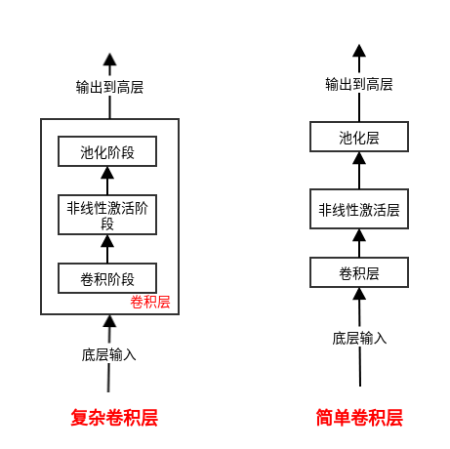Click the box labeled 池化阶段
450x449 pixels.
click(x=107, y=151)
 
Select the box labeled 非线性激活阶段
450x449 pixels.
click(x=107, y=215)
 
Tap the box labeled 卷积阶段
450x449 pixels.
click(x=107, y=278)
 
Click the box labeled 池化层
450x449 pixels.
click(x=359, y=137)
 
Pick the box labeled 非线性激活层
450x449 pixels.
click(x=359, y=209)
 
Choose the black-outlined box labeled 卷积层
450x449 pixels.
click(x=359, y=272)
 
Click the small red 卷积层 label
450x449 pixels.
click(x=150, y=302)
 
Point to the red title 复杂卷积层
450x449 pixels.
click(x=114, y=418)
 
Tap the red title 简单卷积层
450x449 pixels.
click(x=359, y=418)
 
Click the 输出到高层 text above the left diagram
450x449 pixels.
click(x=109, y=87)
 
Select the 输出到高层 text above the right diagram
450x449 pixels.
click(x=359, y=84)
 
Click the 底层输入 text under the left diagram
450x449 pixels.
click(x=108, y=354)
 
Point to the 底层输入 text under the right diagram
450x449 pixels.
click(x=359, y=339)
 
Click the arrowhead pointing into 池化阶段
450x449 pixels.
click(x=107, y=173)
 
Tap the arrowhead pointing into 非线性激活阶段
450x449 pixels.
click(x=107, y=241)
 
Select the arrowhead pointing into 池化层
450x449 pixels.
click(x=359, y=158)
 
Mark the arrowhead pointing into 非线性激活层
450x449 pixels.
click(x=359, y=235)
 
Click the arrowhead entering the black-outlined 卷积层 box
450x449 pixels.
click(x=359, y=294)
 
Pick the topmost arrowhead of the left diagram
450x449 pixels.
click(x=109, y=60)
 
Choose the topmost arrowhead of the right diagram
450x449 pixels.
click(x=359, y=51)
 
